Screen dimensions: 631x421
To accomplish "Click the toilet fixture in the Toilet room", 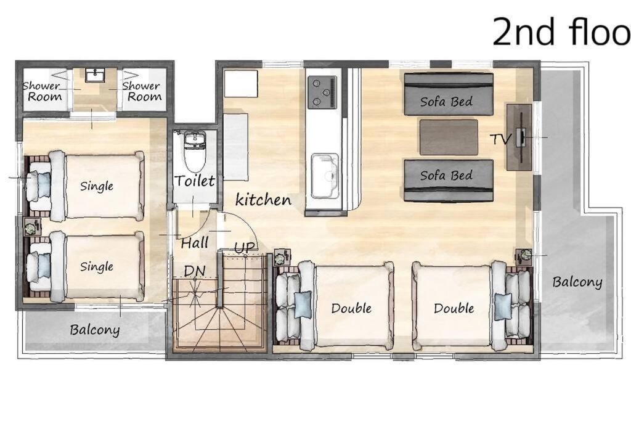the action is pos(195,150).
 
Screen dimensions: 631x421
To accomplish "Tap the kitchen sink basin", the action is pos(325,176).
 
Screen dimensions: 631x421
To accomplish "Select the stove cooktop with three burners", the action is pos(322,92).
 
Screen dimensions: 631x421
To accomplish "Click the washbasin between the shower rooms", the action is pos(95,75).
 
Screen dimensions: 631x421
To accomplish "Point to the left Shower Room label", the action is pos(43,91).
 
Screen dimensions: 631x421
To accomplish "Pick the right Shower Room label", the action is pos(142,91).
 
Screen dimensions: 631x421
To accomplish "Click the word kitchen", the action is pos(263,199).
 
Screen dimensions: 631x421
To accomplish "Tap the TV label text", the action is pos(500,139).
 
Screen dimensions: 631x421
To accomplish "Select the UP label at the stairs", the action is pos(245,248).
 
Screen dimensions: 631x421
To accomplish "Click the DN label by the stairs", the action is pos(195,271).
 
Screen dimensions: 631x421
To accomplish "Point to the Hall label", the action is pos(195,243).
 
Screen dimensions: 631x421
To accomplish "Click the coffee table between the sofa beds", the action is pos(449,137).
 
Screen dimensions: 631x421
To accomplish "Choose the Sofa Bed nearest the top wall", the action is pos(449,94).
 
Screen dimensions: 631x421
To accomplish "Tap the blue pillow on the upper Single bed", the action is pos(44,185).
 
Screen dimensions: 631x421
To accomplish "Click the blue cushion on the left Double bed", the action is pos(303,305).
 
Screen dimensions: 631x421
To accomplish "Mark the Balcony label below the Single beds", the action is pos(95,330).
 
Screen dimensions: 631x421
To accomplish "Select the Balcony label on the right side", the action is pos(577,282).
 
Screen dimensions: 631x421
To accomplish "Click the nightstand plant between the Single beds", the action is pos(31,228).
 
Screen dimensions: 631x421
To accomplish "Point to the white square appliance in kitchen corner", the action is pos(241,84).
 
